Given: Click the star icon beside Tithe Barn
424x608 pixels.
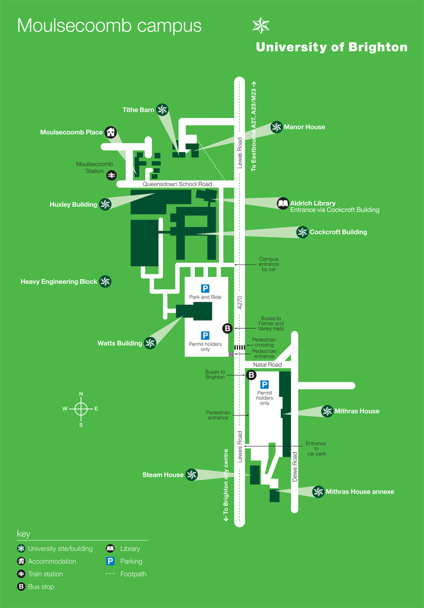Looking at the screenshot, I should tap(163, 110).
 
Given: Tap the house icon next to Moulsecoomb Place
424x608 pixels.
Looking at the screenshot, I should tap(110, 132).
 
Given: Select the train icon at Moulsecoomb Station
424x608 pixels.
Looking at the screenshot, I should tap(111, 175).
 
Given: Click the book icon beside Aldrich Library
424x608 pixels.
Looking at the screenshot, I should tap(282, 203).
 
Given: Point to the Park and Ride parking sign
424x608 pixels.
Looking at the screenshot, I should tap(205, 289).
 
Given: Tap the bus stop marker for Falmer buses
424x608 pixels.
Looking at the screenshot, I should tap(227, 328).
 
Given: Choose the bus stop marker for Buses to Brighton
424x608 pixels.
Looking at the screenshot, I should tap(251, 375).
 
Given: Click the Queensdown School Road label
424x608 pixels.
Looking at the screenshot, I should tap(178, 184).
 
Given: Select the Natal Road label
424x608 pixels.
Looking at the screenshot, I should tap(267, 364).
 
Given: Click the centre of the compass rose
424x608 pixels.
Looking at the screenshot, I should tap(81, 409).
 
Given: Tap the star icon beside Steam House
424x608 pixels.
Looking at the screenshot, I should tap(192, 474).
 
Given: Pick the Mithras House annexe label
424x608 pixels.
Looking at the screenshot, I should tap(360, 492).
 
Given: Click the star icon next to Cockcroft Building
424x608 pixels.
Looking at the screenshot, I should tap(302, 232).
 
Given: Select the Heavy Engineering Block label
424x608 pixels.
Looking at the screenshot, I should tap(59, 282).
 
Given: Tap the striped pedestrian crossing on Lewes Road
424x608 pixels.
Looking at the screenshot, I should tap(240, 347).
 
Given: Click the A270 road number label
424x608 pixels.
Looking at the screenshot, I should tap(240, 303).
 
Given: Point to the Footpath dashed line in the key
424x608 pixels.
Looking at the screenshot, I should tap(111, 574).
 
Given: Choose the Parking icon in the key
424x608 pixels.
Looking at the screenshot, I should tap(111, 562).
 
